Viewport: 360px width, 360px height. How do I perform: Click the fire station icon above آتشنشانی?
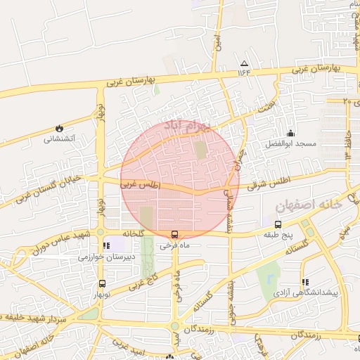(59, 129)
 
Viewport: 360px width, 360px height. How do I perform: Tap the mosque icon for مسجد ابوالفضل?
(290, 133)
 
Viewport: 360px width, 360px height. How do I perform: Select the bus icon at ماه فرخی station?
(174, 235)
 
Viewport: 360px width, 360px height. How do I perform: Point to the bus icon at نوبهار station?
(103, 284)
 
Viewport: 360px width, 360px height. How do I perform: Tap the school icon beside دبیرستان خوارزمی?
(106, 246)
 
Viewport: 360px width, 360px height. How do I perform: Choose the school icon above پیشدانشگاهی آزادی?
(305, 281)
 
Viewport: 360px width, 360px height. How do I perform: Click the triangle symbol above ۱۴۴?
(244, 63)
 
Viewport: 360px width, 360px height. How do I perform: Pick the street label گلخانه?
(134, 233)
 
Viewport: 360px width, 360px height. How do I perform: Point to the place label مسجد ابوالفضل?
(296, 144)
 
